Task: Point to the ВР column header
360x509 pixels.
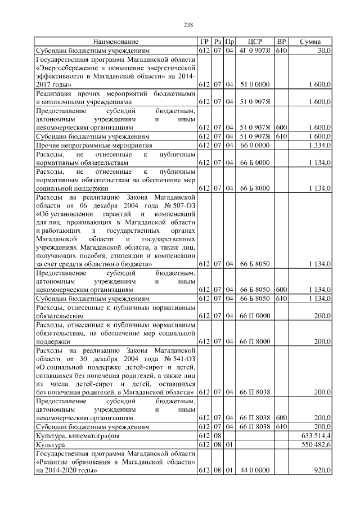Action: coord(282,42)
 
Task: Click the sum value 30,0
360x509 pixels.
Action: coord(324,51)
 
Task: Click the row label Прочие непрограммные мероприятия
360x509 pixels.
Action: coord(91,145)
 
